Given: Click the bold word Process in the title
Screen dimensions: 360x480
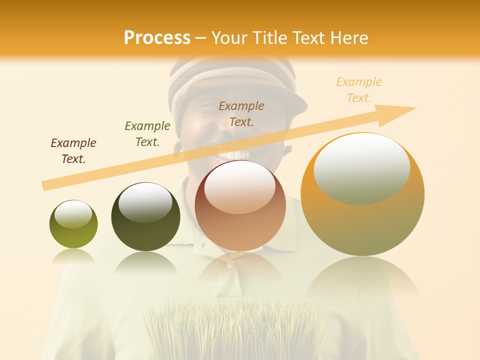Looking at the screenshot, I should coord(157,38).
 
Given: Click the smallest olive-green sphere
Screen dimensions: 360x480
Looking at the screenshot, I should coord(73,224).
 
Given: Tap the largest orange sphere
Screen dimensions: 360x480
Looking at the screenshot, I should coord(362,194).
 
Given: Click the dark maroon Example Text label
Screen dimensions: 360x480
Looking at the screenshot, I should coord(73,151).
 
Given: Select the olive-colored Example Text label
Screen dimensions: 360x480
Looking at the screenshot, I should coord(147,134).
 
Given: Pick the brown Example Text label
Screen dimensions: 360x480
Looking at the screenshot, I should coord(241,113).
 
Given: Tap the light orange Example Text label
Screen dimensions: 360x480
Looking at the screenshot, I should coord(359,90).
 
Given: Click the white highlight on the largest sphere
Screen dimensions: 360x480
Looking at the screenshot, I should coord(361,167).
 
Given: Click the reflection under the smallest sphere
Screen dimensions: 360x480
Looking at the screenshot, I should coord(73,256).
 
